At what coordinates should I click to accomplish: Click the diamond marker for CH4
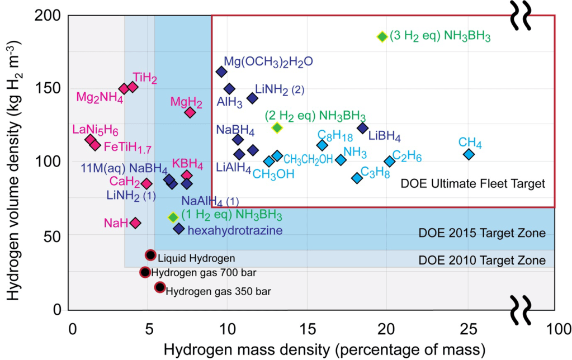point(469,154)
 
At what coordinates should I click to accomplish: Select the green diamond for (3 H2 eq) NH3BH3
point(382,37)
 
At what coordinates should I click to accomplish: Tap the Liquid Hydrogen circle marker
point(150,255)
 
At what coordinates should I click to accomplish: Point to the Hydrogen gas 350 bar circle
point(160,287)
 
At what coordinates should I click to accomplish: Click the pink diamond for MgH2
point(190,112)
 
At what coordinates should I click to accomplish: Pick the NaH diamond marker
point(135,223)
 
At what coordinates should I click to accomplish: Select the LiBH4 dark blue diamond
point(362,129)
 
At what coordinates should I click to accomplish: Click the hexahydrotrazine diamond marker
point(179,229)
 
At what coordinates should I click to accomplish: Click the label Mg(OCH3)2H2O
point(268,61)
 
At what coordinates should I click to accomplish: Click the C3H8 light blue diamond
point(357,178)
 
